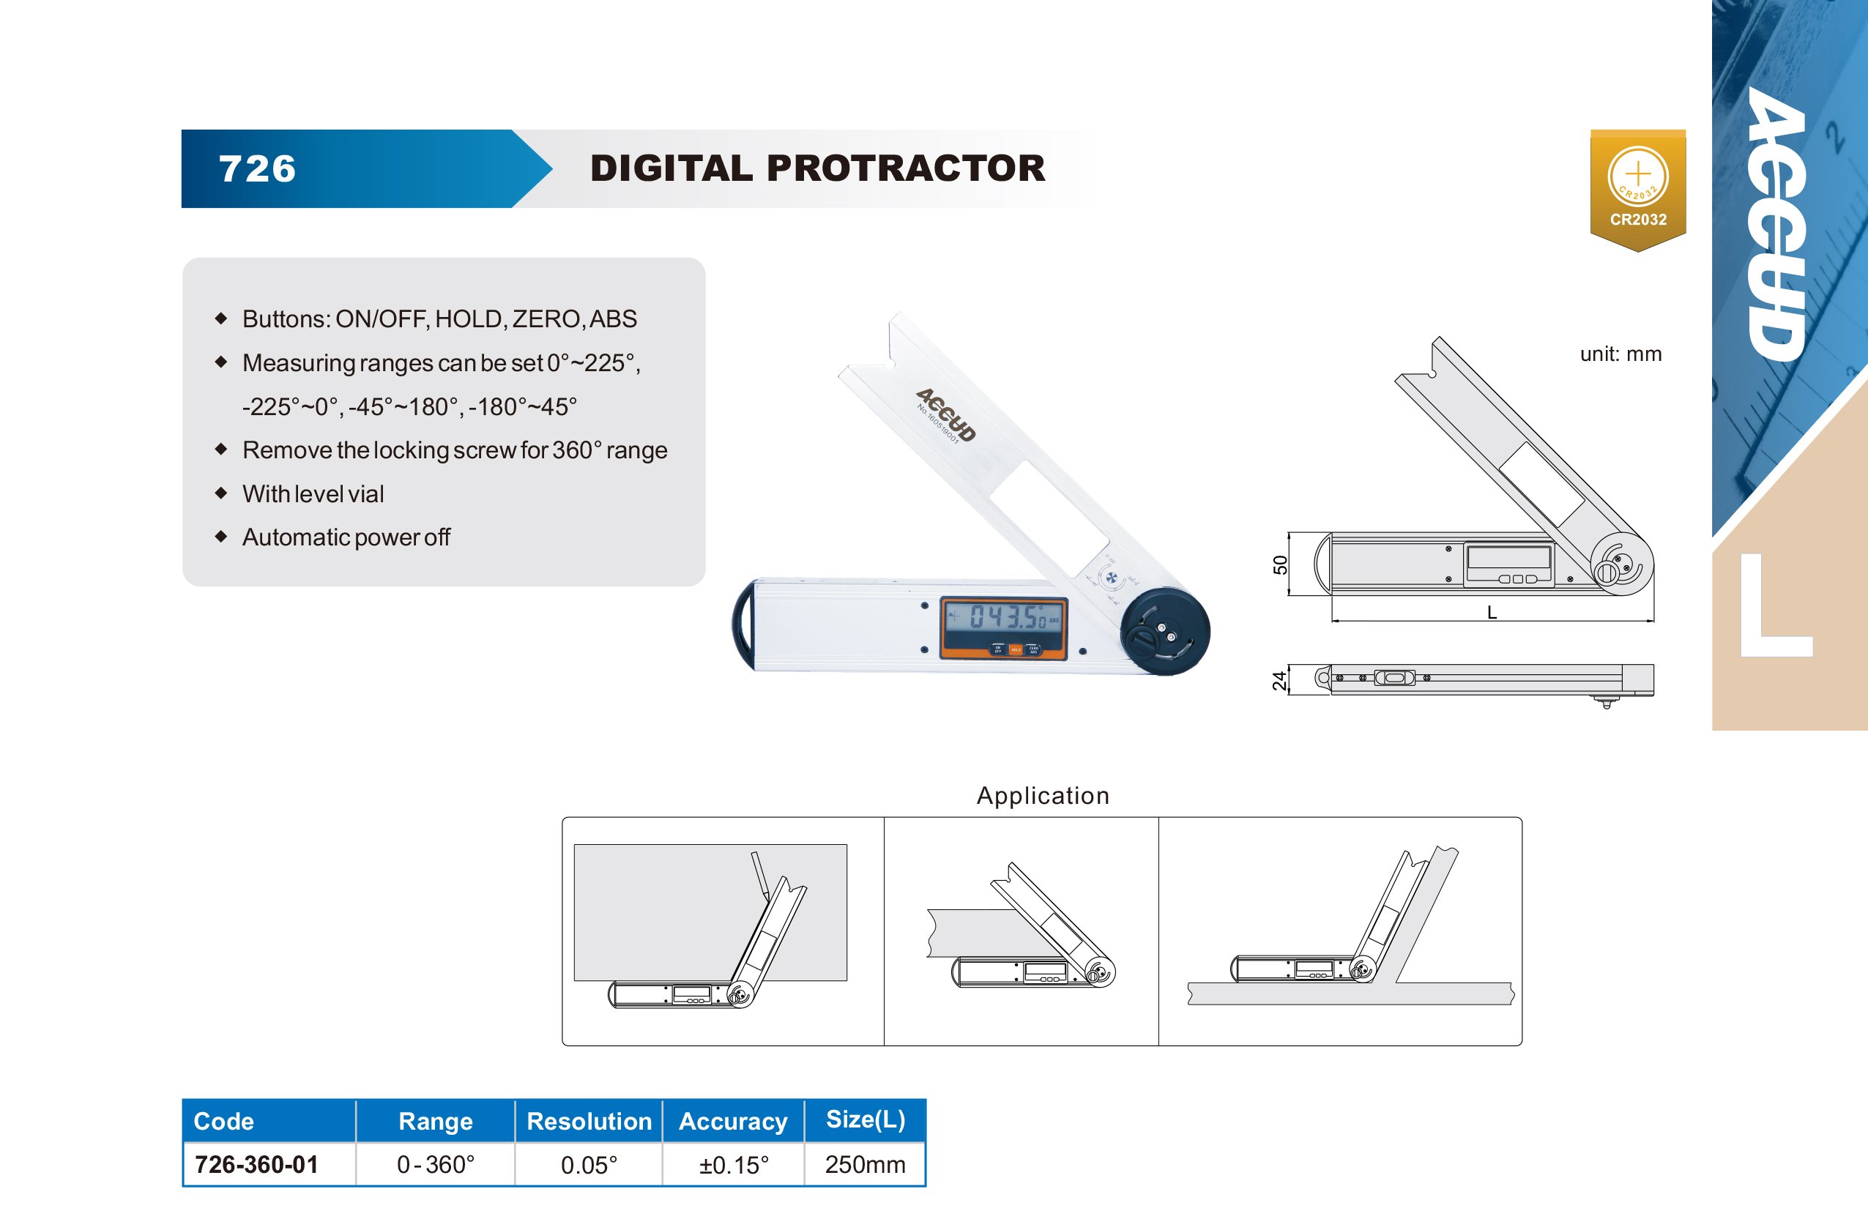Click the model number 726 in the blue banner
point(258,169)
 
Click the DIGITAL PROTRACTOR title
point(817,168)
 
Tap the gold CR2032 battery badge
point(1638,190)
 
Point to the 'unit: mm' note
point(1620,354)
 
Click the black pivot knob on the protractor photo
point(1165,632)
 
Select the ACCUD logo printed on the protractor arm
point(946,414)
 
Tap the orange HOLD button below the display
point(1016,649)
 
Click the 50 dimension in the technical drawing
point(1280,565)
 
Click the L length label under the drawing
point(1492,613)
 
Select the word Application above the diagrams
point(1043,796)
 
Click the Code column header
point(223,1121)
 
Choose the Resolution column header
point(589,1121)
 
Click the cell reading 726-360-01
point(256,1164)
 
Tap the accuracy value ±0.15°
point(734,1165)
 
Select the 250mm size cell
point(865,1164)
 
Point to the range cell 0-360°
point(436,1164)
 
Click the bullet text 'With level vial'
point(313,493)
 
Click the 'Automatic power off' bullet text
point(346,537)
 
